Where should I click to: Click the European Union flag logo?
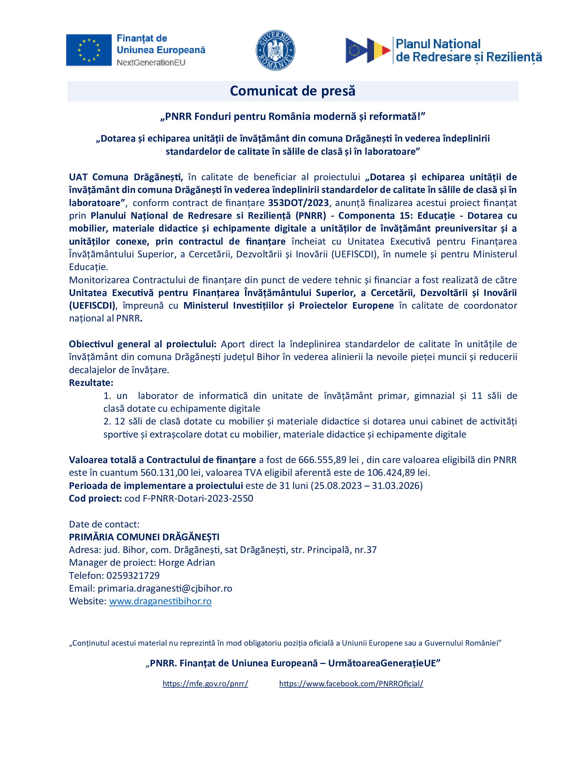(89, 50)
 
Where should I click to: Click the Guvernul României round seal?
(275, 50)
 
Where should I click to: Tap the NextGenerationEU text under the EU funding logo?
(151, 63)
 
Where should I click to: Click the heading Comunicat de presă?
(293, 91)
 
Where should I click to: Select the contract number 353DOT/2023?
(298, 203)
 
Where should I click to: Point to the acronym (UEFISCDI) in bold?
(92, 306)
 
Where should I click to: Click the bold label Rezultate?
(91, 383)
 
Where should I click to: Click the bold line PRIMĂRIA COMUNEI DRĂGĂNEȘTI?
(144, 537)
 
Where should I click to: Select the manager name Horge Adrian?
(187, 563)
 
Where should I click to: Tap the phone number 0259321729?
(133, 575)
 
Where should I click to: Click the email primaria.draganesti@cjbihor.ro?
(165, 588)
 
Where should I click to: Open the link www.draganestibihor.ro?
(160, 601)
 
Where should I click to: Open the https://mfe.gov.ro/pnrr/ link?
(205, 684)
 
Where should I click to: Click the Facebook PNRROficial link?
(351, 684)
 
